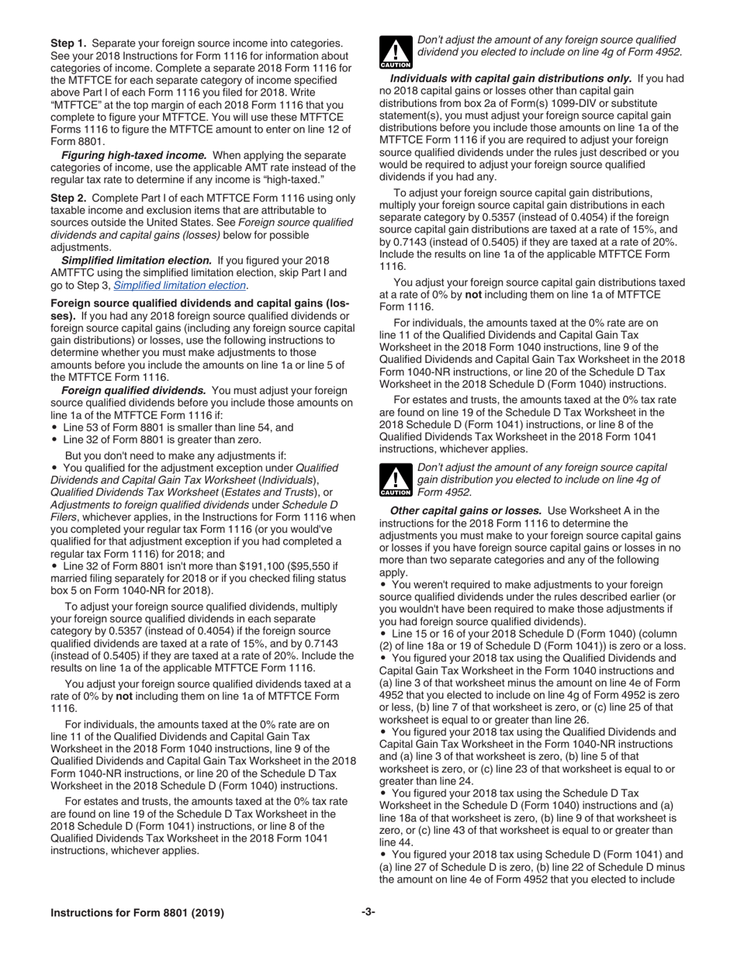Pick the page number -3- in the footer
[368, 912]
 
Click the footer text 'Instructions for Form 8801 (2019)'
[137, 913]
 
